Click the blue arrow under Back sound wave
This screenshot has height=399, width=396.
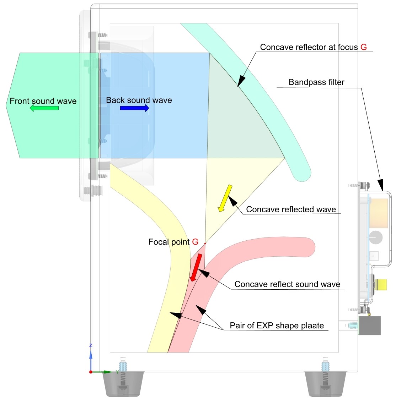point(134,108)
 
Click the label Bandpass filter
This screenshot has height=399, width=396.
point(316,82)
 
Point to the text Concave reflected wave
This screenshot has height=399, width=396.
point(291,209)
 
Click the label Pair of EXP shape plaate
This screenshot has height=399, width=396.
point(277,326)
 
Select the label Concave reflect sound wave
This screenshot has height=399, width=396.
point(287,284)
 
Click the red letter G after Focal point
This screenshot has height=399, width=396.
point(195,242)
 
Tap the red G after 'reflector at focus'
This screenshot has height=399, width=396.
point(363,47)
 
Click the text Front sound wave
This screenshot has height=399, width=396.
point(43,101)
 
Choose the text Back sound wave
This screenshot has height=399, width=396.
point(139,100)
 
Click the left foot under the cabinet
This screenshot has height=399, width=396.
point(123,384)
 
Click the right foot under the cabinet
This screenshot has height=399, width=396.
point(325,384)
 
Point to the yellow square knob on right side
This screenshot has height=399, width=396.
point(381,284)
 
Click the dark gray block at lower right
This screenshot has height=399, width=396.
point(370,325)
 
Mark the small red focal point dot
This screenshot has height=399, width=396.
point(205,244)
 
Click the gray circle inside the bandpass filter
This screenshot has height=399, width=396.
point(376,237)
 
